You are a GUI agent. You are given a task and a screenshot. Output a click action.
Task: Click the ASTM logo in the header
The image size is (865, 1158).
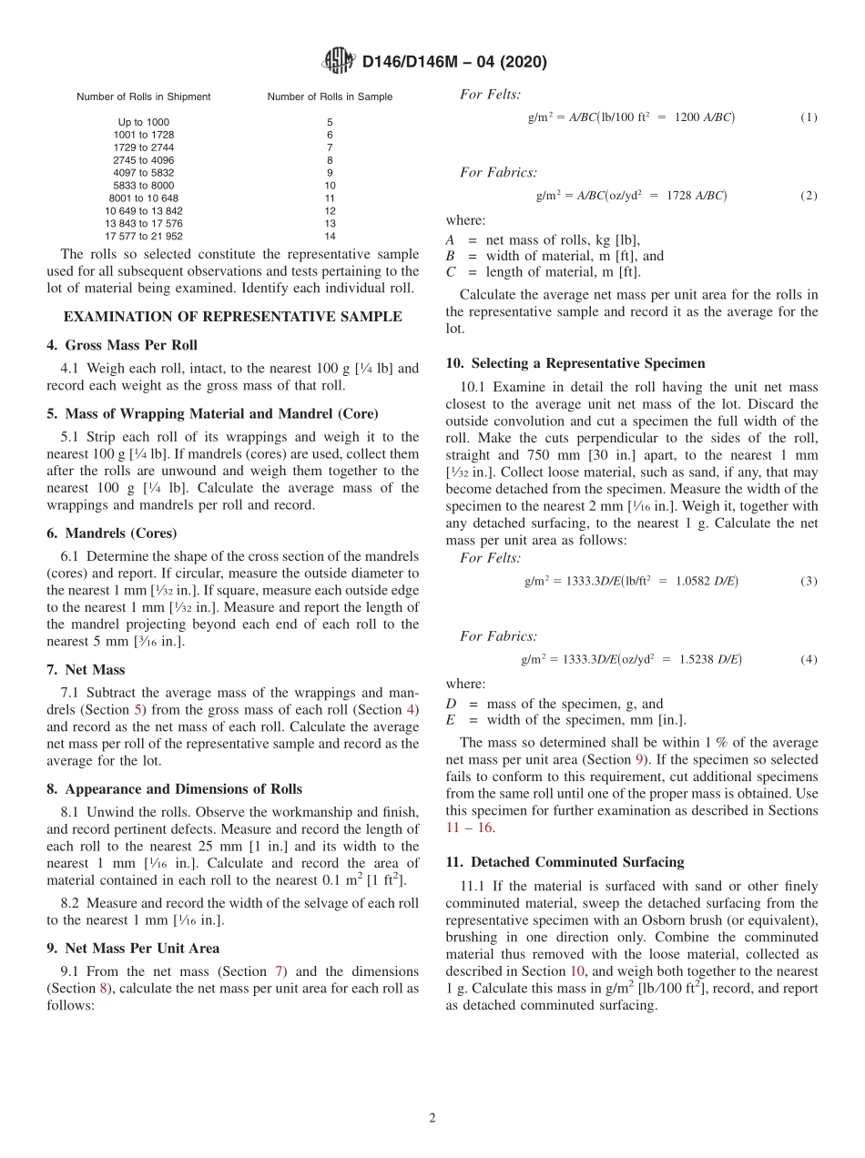[x=339, y=62]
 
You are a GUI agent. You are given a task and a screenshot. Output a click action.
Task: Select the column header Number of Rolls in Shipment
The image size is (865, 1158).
[x=143, y=96]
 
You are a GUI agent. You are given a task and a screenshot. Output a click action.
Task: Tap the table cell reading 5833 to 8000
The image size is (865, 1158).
[x=143, y=185]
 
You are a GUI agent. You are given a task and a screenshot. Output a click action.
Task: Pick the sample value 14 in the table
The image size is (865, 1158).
[x=330, y=236]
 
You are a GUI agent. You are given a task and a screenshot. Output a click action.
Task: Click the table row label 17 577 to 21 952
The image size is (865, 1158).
[x=143, y=236]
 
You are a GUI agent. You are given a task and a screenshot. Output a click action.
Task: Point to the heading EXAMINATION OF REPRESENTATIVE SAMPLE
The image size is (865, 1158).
[x=232, y=317]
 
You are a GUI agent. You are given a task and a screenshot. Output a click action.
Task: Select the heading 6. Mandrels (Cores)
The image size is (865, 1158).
[x=111, y=533]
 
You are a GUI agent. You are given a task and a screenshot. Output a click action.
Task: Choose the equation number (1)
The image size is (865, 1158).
[x=809, y=117]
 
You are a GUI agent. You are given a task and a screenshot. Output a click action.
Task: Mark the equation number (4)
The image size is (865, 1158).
[x=809, y=659]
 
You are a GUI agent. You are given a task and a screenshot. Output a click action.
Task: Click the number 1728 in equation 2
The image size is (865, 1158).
[x=680, y=196]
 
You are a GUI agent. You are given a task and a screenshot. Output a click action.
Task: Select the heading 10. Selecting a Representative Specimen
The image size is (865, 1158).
[x=576, y=362]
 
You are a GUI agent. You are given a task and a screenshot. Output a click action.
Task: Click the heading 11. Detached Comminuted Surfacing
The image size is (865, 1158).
[x=565, y=861]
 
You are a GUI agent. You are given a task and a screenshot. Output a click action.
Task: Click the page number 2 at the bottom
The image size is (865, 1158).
[x=432, y=1118]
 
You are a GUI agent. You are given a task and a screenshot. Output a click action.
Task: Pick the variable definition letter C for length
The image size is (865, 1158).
[x=450, y=272]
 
